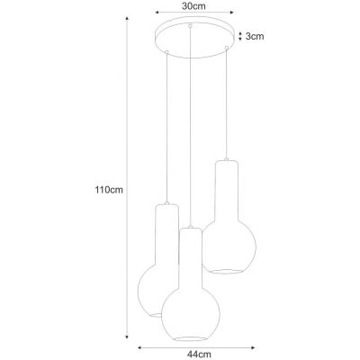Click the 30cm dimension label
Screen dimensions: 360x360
(191, 5)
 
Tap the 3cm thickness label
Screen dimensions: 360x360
(255, 37)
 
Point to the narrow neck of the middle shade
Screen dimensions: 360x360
(190, 252)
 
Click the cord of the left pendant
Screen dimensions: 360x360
(166, 126)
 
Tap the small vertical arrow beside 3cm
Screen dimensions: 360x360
(238, 36)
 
